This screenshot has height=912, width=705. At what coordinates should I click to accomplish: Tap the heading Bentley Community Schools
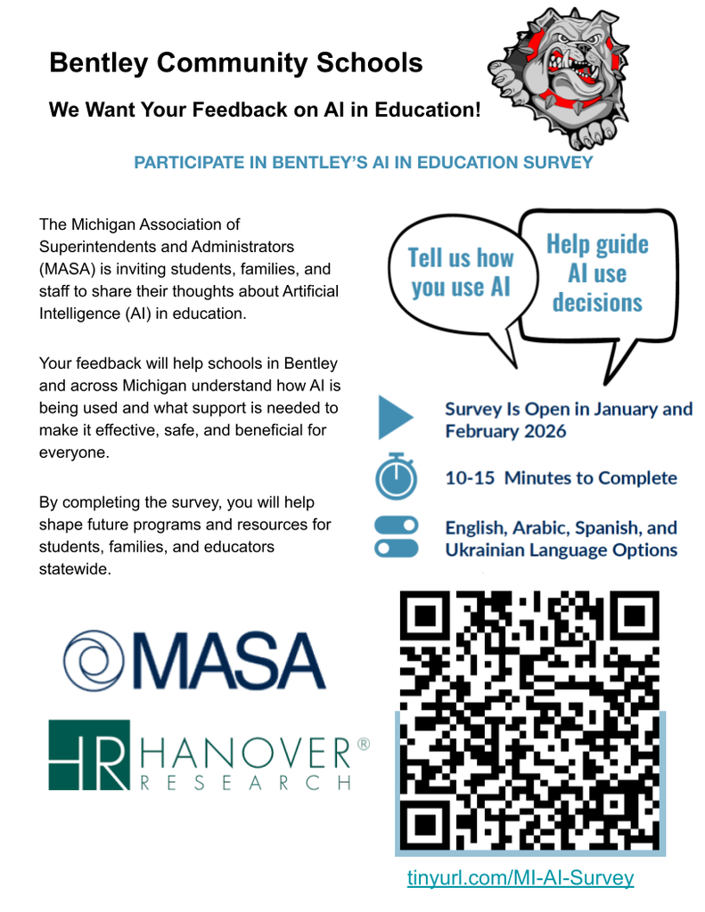click(x=235, y=63)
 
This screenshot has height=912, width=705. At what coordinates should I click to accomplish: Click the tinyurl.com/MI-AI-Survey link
click(x=521, y=877)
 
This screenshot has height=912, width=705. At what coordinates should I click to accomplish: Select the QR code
click(x=529, y=720)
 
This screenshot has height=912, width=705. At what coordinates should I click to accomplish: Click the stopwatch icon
click(x=396, y=477)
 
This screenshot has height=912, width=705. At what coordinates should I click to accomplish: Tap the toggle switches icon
click(x=396, y=537)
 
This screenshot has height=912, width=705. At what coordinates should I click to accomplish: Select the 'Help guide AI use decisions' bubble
click(x=596, y=273)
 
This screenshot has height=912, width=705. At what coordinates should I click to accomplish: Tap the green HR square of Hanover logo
click(x=88, y=754)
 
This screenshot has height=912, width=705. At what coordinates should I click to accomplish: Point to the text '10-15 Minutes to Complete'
click(x=561, y=477)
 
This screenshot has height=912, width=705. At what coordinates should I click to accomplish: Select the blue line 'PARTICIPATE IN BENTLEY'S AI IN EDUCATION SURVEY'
click(x=363, y=163)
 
